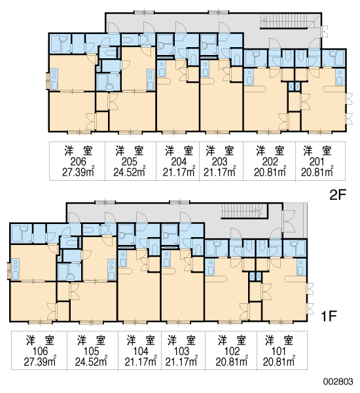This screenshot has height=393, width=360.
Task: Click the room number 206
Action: click(78, 162)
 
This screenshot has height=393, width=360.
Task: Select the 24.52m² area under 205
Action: click(130, 172)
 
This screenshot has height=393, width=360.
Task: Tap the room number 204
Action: click(179, 162)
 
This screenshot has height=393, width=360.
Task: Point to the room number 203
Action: click(219, 162)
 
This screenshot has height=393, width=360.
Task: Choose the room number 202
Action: click(270, 162)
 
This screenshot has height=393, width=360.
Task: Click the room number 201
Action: click(317, 162)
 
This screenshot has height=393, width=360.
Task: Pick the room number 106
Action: click(40, 351)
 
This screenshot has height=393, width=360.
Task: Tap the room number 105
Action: click(91, 351)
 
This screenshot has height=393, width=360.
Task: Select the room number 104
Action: click(141, 351)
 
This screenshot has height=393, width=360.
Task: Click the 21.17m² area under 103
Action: click(181, 362)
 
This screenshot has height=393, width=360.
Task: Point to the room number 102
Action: click(232, 351)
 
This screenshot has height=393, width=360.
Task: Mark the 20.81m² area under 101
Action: click(279, 362)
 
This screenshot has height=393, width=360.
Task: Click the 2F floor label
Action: click(338, 195)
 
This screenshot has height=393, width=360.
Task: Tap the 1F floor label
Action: click(329, 316)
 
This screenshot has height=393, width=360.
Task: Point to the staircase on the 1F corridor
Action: click(245, 211)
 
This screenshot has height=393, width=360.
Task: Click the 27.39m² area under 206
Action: click(78, 172)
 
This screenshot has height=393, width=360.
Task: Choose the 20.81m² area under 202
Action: click(270, 172)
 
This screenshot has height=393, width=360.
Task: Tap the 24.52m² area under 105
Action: click(91, 362)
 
